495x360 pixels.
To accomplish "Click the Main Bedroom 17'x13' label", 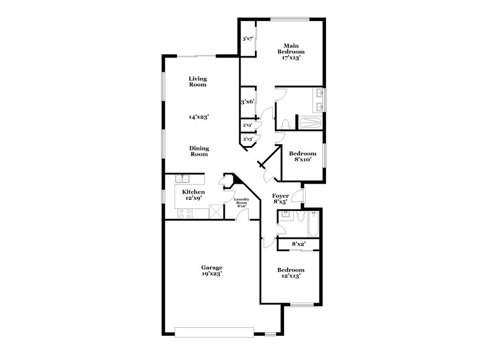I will point(291,51).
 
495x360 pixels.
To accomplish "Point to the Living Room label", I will point(197,82).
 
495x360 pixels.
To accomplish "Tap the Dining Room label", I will point(199,152).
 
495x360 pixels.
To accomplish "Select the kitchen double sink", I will point(182,180).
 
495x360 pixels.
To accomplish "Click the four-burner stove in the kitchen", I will point(184,213).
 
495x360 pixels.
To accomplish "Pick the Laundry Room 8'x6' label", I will point(241,202).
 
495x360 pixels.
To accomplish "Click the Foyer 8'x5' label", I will point(280,199).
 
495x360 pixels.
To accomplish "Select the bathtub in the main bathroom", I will point(309,122).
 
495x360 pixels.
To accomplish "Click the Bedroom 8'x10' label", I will point(304,156).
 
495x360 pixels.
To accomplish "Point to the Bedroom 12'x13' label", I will point(290,273).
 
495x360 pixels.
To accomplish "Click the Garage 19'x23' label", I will point(212,270).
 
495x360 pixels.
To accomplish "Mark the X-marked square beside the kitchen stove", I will point(215,213).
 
